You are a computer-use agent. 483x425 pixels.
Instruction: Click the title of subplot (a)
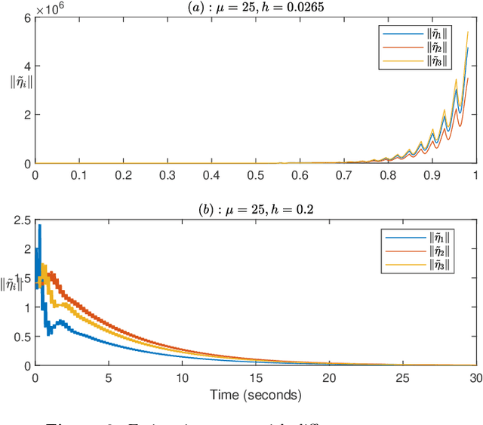pyautogui.click(x=254, y=8)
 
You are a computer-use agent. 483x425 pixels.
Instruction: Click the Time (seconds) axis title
pyautogui.click(x=254, y=395)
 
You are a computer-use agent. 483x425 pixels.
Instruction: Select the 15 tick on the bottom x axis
pyautogui.click(x=254, y=377)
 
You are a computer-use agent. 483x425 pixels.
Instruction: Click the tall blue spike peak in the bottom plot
pyautogui.click(x=39, y=225)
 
